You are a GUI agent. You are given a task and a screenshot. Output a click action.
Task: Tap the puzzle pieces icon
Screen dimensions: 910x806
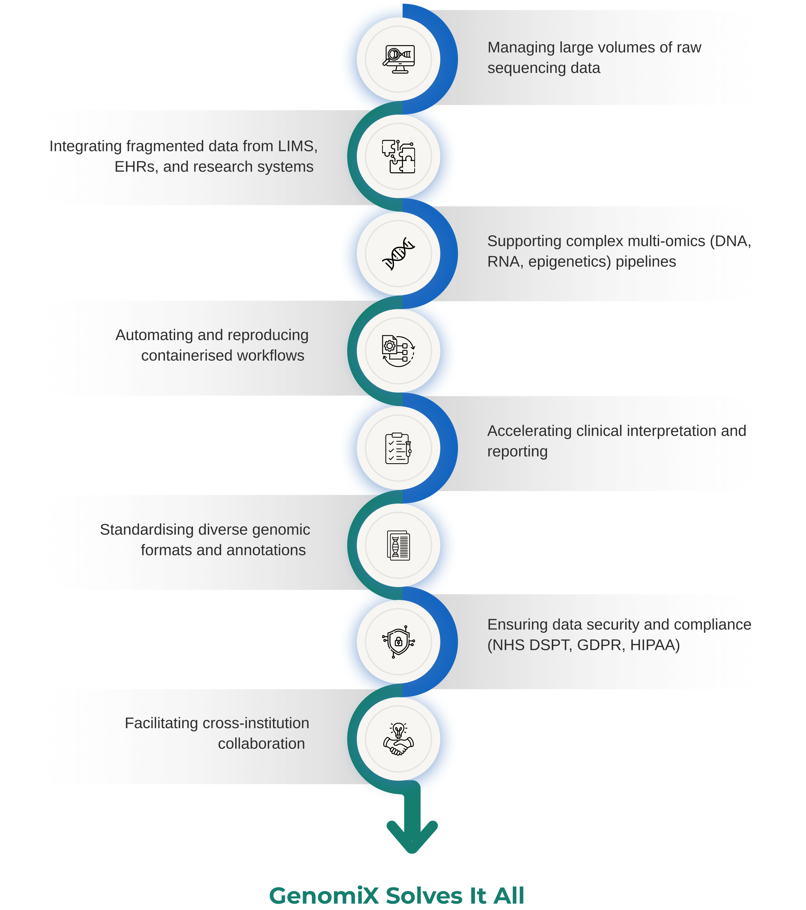pos(398,156)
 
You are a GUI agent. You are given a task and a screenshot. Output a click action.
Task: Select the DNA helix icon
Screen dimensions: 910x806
pos(398,253)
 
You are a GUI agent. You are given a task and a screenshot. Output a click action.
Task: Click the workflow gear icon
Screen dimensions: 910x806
pos(398,351)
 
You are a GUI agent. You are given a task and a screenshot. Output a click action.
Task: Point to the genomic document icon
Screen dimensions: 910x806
pos(398,545)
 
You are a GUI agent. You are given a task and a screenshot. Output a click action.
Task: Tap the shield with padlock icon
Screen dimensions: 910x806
pos(398,641)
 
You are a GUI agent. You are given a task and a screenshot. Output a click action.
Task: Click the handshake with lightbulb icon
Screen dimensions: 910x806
pos(398,739)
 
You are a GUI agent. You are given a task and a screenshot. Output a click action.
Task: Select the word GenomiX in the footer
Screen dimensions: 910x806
pos(323,896)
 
